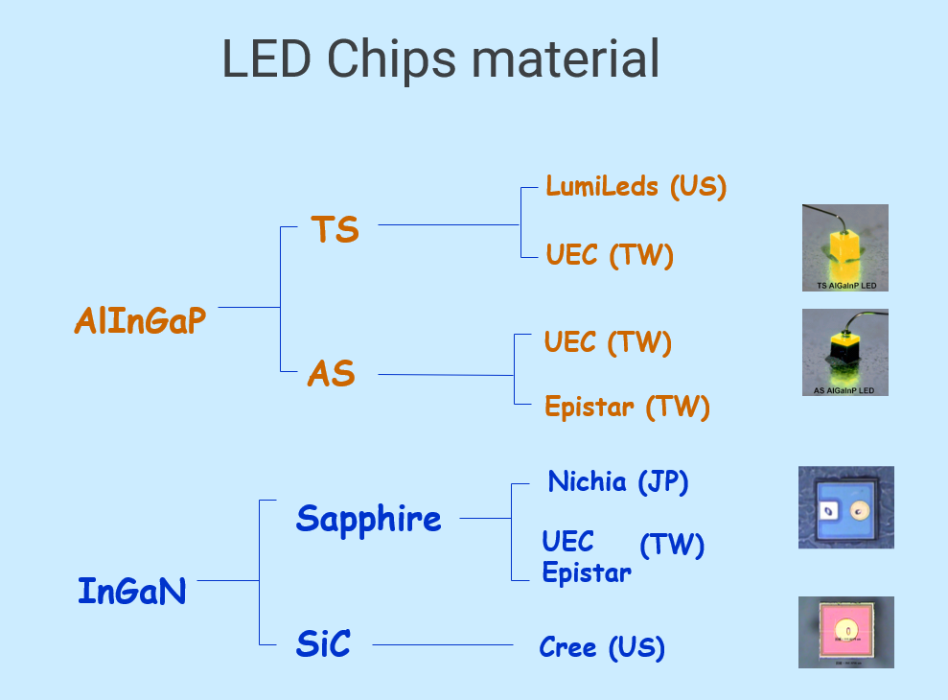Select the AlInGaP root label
click(140, 321)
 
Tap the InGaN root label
click(131, 591)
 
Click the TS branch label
click(335, 230)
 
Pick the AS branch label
click(331, 374)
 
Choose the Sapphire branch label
click(368, 519)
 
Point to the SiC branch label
click(323, 644)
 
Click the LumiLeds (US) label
click(636, 185)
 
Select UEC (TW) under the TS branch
click(610, 255)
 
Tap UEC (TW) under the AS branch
click(608, 342)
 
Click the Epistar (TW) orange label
click(627, 407)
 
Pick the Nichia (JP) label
click(618, 481)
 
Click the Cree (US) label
click(602, 647)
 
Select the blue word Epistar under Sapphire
click(587, 573)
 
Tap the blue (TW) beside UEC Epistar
click(672, 546)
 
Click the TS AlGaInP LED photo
click(844, 247)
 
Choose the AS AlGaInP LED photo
click(844, 352)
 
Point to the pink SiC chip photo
click(845, 632)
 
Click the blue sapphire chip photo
click(845, 507)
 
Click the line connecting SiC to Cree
click(442, 645)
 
